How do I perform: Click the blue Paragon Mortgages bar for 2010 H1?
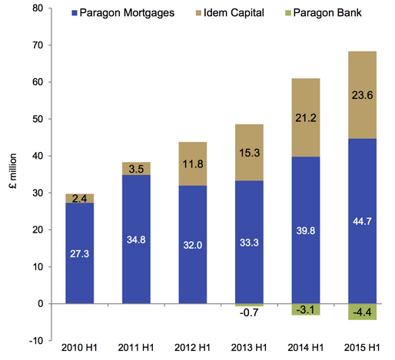pos(80,253)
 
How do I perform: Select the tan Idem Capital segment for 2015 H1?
pos(362,95)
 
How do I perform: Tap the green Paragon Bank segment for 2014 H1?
pos(306,309)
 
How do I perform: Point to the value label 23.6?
pos(362,95)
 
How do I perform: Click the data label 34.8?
pos(136,239)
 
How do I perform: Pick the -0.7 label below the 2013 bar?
pos(249,312)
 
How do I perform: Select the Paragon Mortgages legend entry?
pos(123,12)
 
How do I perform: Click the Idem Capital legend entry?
pos(230,12)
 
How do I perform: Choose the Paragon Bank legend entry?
pos(324,12)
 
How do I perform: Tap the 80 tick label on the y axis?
pos(38,8)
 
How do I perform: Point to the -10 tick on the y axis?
pos(36,341)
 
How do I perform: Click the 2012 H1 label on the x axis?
pos(192,348)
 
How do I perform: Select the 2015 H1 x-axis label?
pos(362,348)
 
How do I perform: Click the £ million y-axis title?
pos(13,171)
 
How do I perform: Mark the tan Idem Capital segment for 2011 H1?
pos(136,169)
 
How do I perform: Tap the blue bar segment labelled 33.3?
pos(249,242)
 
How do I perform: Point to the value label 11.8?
pos(193,163)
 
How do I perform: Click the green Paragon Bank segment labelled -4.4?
pos(362,312)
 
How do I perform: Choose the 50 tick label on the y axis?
pos(38,119)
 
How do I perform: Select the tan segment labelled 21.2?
pos(306,117)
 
